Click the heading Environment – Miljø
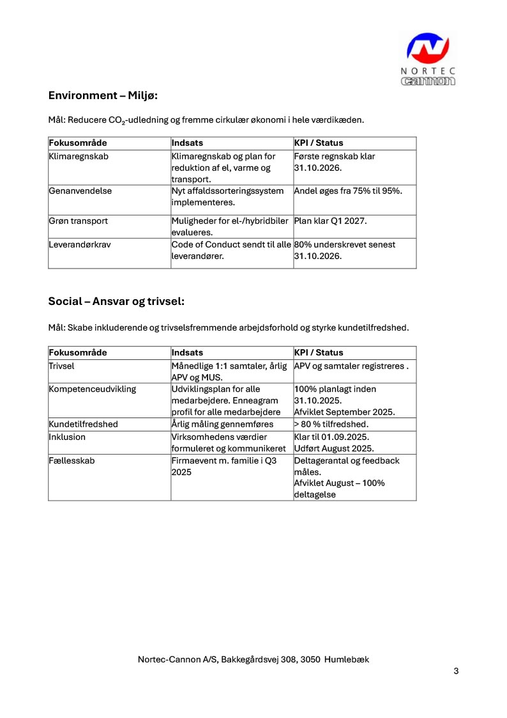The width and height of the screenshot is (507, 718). pos(103,96)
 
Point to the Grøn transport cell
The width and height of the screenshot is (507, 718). pos(79,221)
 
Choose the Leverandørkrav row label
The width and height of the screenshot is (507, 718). pos(80,244)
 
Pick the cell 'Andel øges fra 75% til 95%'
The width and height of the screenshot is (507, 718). pos(352,191)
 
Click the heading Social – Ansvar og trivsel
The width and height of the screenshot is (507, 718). pos(116,301)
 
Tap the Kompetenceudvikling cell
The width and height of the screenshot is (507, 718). pos(93,389)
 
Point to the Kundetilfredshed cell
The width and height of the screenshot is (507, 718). pos(84,424)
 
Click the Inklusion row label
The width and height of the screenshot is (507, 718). pos(67,437)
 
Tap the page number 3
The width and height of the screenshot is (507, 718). pos(456,671)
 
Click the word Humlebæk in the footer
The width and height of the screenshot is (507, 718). pos(347,659)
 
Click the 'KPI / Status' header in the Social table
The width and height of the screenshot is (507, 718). pos(319,353)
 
